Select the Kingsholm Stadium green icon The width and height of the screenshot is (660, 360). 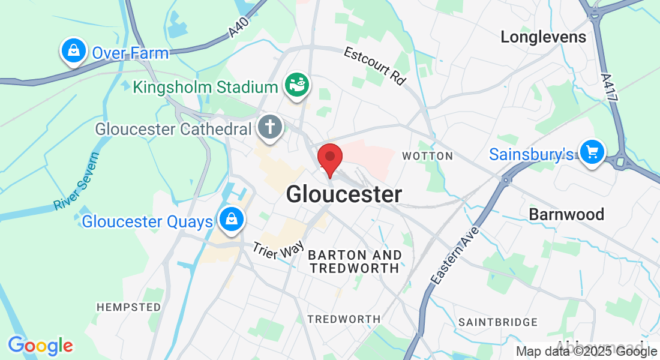pyautogui.click(x=296, y=86)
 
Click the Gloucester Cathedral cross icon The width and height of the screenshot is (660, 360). pyautogui.click(x=270, y=128)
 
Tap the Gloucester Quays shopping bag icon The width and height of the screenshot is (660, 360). pyautogui.click(x=231, y=220)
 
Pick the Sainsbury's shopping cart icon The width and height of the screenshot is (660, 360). pyautogui.click(x=593, y=152)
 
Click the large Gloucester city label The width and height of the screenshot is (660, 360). pyautogui.click(x=344, y=194)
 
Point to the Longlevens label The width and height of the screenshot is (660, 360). pyautogui.click(x=543, y=37)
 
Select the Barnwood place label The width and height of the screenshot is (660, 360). pyautogui.click(x=566, y=214)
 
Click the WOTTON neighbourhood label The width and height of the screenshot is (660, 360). pyautogui.click(x=427, y=156)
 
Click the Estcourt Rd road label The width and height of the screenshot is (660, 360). pyautogui.click(x=375, y=66)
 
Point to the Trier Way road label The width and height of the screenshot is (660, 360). pyautogui.click(x=278, y=250)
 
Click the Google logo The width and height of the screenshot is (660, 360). pyautogui.click(x=40, y=346)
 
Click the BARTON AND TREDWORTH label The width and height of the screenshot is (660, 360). pyautogui.click(x=354, y=262)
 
